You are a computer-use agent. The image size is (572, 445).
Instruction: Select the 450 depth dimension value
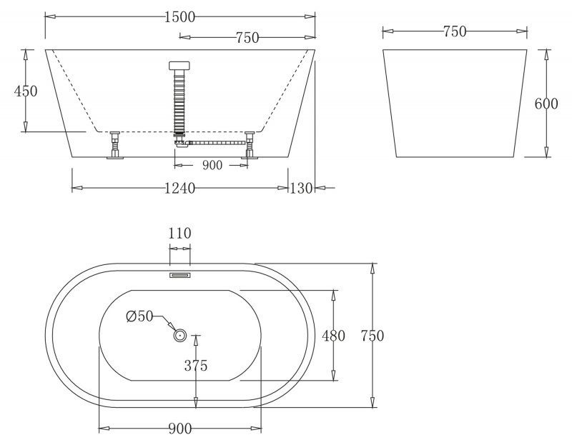[25, 91]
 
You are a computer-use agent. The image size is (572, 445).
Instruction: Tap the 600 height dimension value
[546, 104]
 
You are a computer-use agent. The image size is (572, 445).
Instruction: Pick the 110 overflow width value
[179, 233]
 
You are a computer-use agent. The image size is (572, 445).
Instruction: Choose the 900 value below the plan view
[179, 429]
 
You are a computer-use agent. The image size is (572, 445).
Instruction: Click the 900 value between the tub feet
[212, 165]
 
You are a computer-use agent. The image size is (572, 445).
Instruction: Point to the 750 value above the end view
[455, 31]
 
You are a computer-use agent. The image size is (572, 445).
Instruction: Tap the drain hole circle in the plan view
[179, 334]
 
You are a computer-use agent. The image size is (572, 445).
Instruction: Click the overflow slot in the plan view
[179, 274]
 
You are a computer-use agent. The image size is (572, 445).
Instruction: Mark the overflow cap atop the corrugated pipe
[179, 66]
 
